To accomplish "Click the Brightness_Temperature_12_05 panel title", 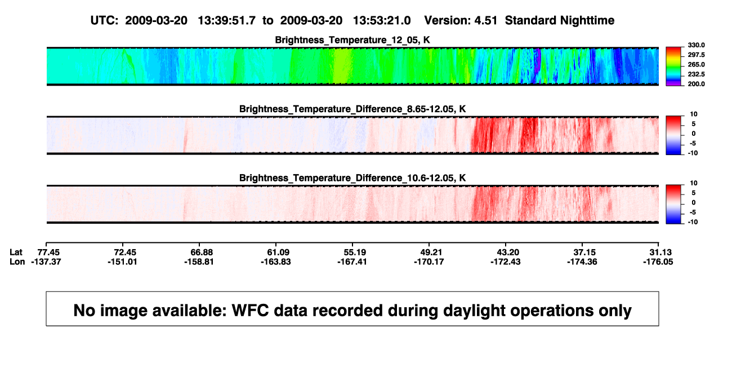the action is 352,40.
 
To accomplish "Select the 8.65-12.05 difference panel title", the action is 352,109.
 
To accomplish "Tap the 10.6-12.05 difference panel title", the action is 352,178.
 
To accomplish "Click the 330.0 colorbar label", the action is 696,45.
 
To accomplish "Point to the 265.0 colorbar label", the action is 696,64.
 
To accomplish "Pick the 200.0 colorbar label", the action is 696,84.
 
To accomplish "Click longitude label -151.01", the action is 122,262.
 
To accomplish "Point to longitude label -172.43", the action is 505,262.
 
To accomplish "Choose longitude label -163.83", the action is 275,262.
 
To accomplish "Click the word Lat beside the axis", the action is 16,253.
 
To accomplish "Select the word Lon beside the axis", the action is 17,262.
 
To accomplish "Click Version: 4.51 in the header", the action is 461,21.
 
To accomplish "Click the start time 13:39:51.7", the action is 227,21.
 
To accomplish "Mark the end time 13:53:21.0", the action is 382,21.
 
